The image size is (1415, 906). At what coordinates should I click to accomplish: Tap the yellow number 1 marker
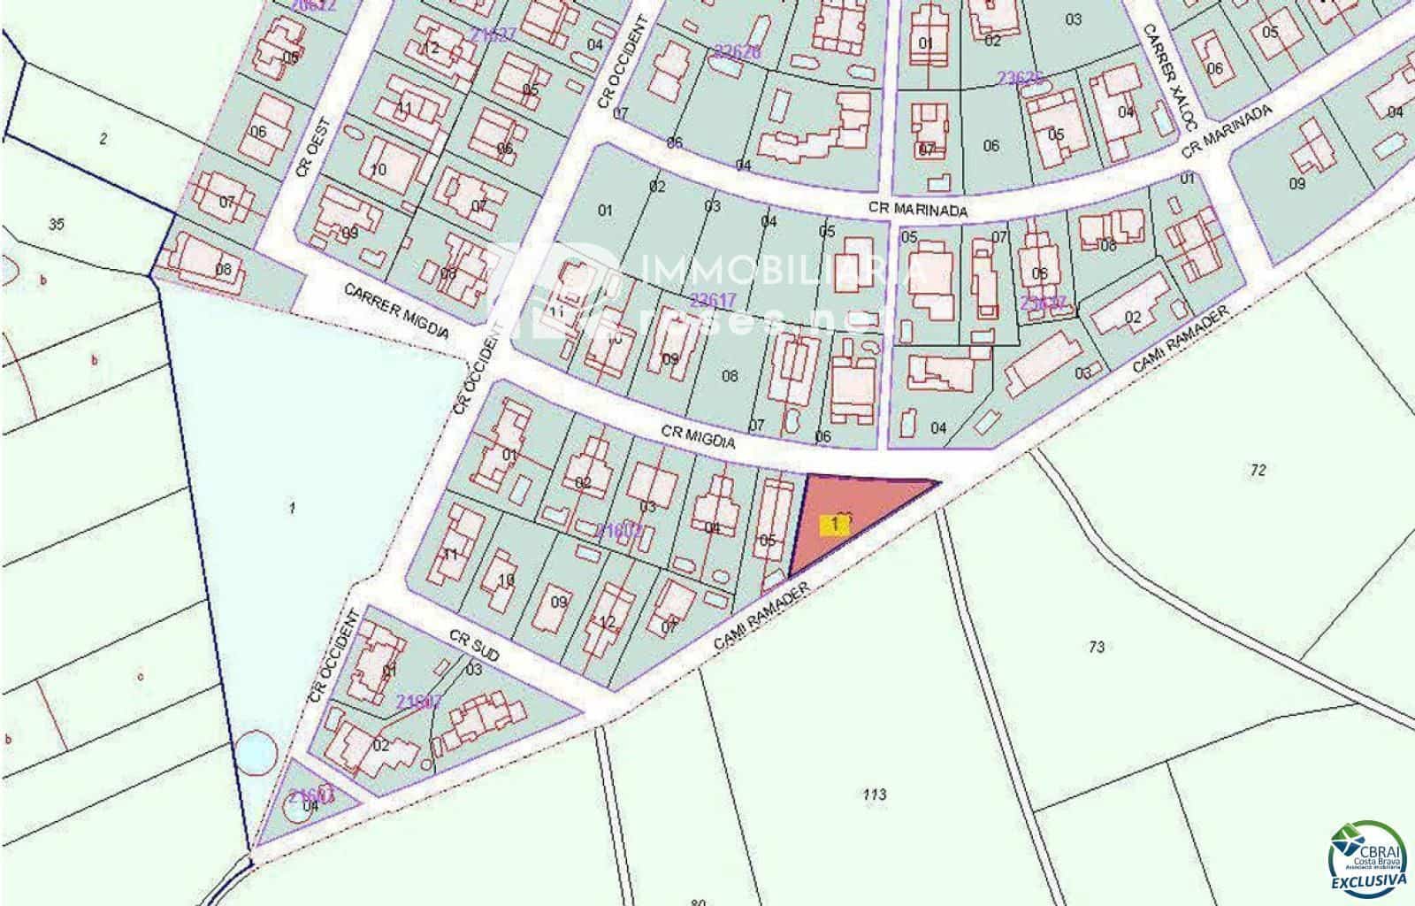tap(835, 525)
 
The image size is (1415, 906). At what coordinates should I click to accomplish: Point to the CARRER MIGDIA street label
tap(396, 312)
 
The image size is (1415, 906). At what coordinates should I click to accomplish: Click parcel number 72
tap(1258, 470)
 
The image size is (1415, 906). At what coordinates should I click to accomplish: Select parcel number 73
tap(1097, 647)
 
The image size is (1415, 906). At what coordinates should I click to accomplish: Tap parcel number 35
tap(57, 225)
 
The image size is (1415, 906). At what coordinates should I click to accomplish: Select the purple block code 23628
tap(737, 52)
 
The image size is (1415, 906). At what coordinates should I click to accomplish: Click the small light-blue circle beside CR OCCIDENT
tap(256, 751)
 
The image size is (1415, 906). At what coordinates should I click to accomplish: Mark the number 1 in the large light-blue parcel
tap(291, 508)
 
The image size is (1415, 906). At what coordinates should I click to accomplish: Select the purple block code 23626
tap(1021, 78)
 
